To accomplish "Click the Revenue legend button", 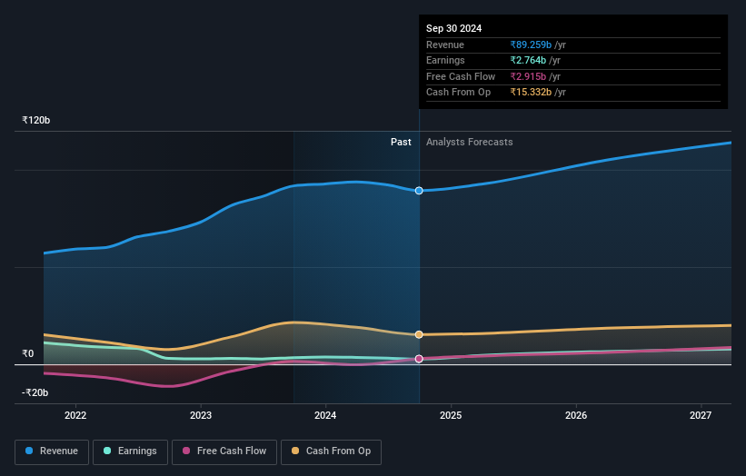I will [52, 451].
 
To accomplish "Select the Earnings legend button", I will [130, 451].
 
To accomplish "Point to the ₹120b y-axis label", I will [36, 120].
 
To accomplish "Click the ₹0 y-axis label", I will [28, 353].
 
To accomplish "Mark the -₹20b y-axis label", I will [35, 392].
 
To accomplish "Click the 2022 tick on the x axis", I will [75, 415].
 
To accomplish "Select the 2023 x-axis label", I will [201, 415].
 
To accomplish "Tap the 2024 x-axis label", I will [325, 415].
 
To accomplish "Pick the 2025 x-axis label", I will [451, 415].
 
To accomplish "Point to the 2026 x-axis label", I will [575, 415].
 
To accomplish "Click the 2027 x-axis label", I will [701, 415].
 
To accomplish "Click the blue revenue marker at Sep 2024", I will [419, 191].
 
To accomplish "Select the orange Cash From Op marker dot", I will [419, 334].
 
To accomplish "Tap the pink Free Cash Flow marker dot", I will [419, 359].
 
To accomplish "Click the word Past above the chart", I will [401, 142].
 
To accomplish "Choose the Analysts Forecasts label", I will [469, 142].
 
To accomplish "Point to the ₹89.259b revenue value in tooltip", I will [538, 45].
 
